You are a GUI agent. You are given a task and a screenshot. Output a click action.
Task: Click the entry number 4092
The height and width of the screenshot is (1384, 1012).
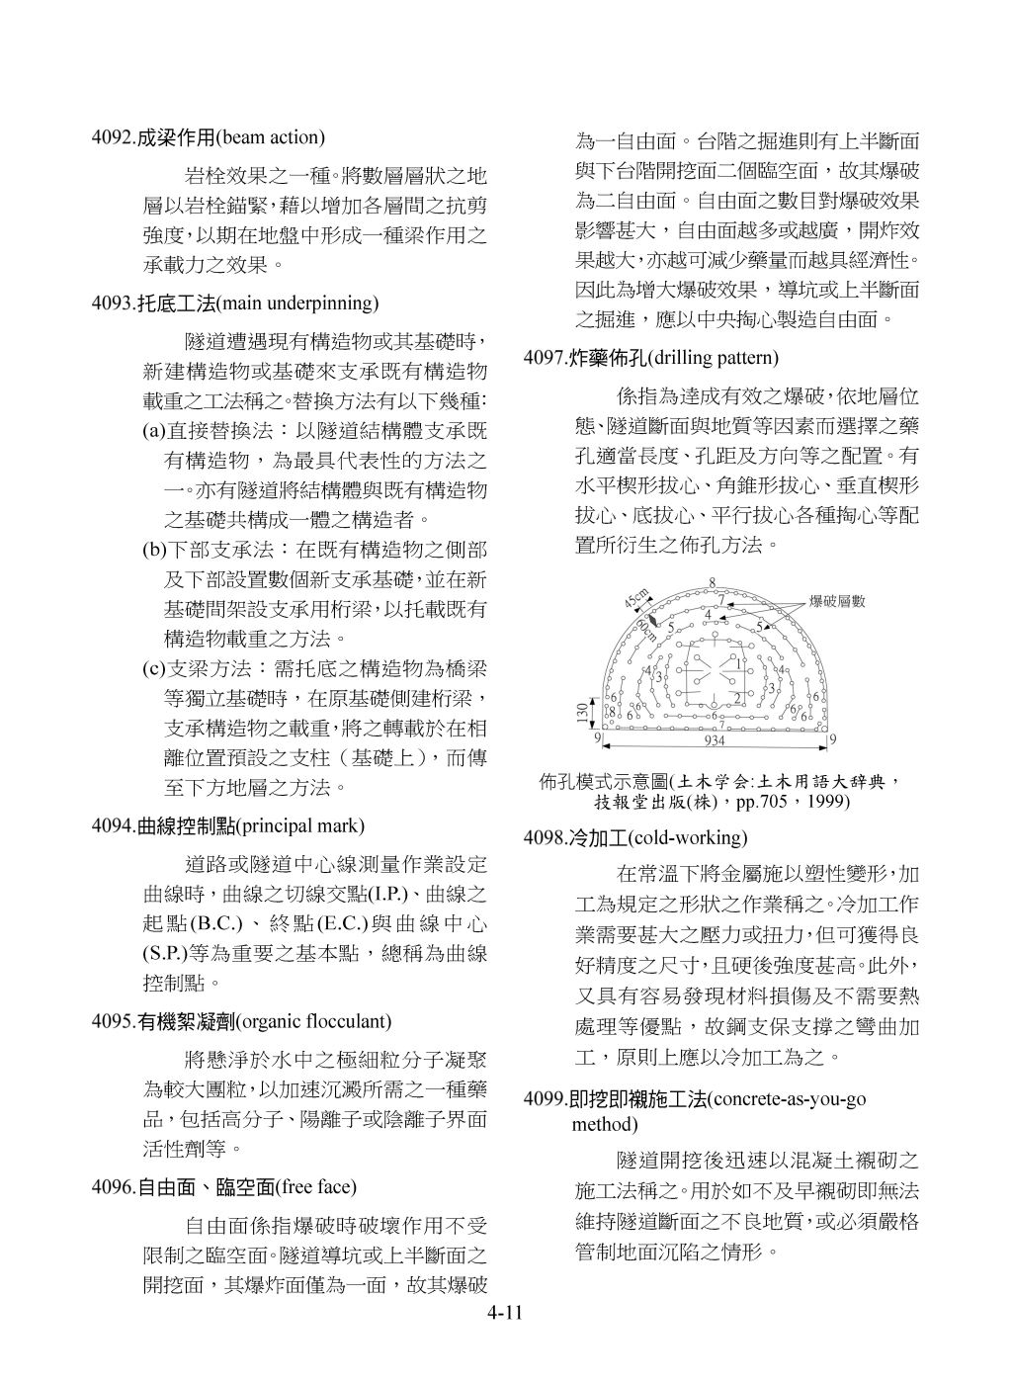(109, 137)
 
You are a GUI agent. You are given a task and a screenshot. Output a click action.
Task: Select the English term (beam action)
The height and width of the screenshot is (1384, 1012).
(271, 137)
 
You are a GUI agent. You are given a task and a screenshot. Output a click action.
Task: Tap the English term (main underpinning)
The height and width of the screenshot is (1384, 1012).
(297, 303)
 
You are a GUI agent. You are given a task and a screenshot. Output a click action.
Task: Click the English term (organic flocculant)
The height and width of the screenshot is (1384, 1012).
(314, 1021)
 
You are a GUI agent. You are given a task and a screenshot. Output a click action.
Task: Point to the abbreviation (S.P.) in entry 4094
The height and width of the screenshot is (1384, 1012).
(165, 954)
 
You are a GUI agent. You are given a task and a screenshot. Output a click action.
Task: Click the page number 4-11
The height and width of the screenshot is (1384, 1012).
(505, 1314)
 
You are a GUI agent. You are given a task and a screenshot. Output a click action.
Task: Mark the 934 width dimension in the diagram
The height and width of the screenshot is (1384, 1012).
(717, 740)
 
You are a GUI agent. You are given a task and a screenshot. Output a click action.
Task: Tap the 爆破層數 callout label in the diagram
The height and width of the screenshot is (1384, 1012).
(837, 601)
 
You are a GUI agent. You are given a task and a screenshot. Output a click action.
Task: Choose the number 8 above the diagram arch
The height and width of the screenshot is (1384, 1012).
(713, 582)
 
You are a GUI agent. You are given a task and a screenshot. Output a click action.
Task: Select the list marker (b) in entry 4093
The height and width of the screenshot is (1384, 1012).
(153, 549)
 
